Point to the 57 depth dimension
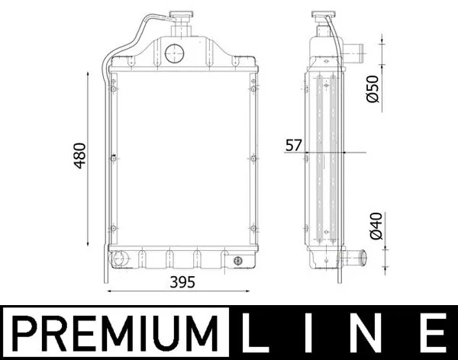tap(293, 145)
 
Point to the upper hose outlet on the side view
tap(352, 53)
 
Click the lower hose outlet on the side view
tap(352, 258)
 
